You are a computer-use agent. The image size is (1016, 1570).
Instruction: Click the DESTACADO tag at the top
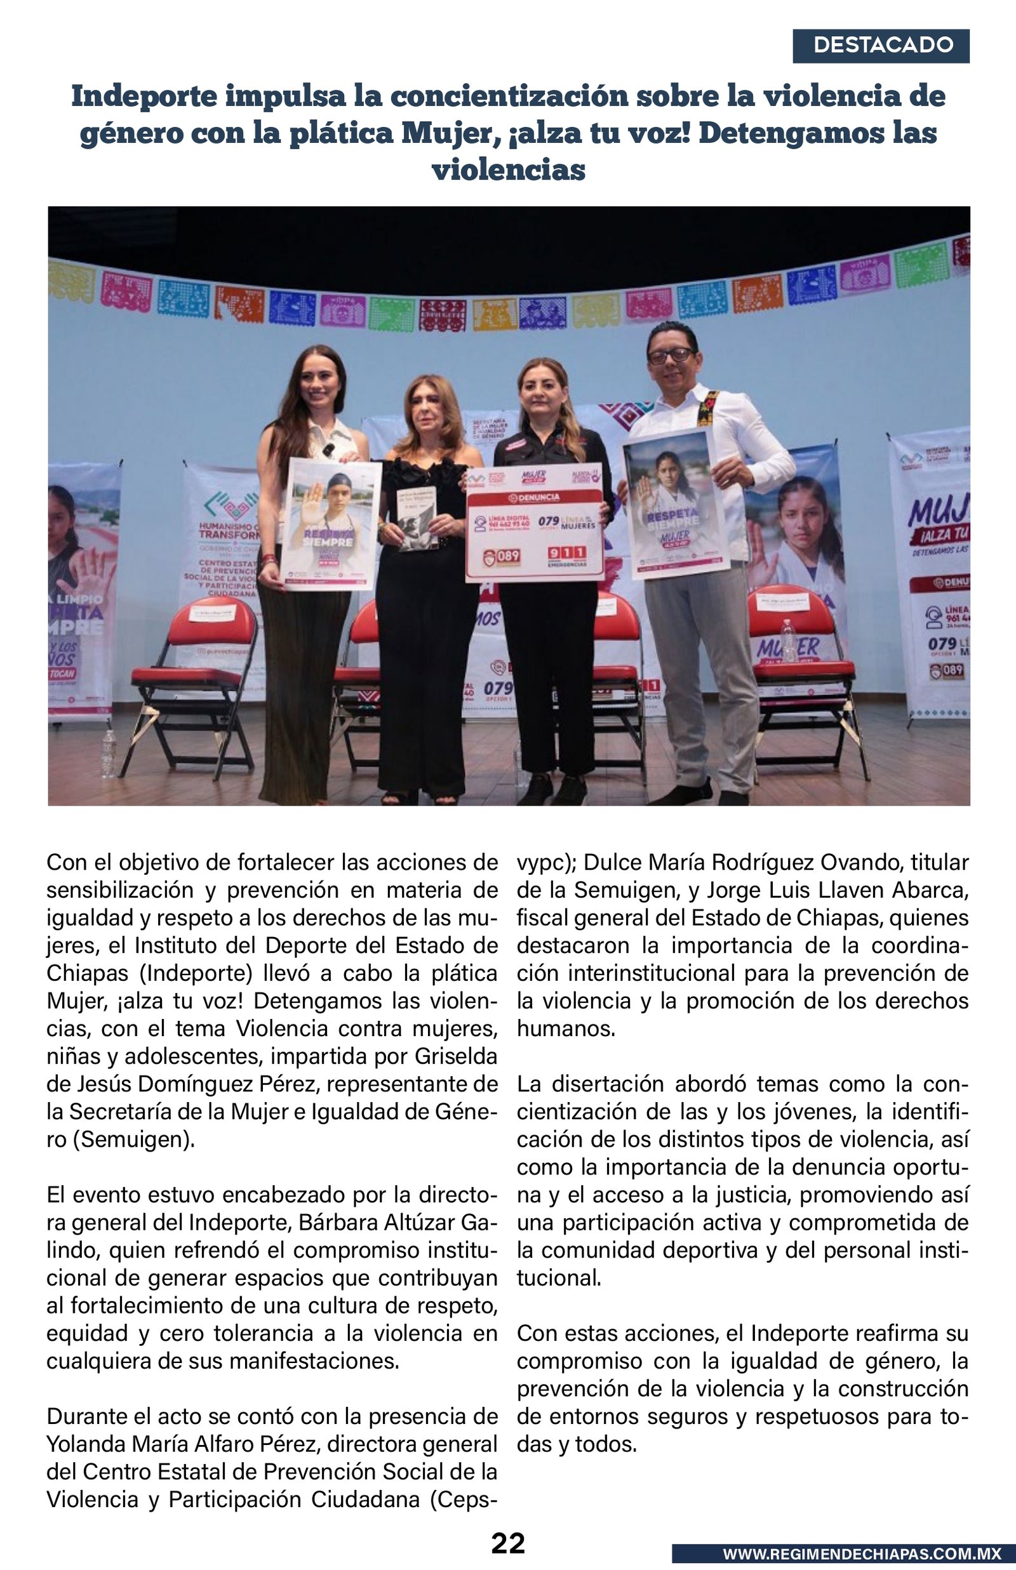(881, 46)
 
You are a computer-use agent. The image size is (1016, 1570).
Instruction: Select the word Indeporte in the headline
(142, 96)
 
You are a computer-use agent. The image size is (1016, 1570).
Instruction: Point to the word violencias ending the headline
(508, 170)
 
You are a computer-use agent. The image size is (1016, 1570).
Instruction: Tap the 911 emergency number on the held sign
(566, 553)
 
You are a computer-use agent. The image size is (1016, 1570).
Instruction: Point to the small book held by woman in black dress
(417, 518)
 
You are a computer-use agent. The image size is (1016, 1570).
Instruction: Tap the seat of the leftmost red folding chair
(178, 677)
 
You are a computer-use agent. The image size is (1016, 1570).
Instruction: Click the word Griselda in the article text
(456, 1056)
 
